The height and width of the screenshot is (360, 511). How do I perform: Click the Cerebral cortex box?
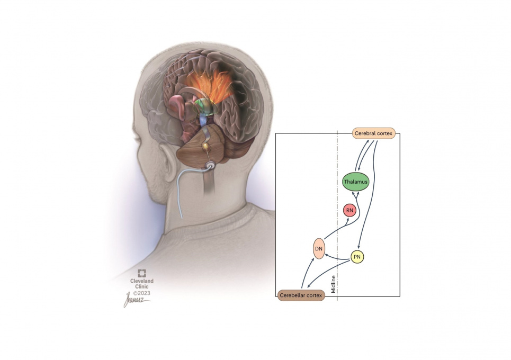coord(374,133)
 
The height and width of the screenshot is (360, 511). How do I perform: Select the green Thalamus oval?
coord(355,182)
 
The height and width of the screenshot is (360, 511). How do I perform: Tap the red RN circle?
coord(349,210)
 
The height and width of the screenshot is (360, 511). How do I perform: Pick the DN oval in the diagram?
coord(319,248)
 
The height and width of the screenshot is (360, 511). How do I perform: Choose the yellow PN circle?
coord(358,257)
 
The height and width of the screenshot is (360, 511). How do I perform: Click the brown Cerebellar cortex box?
coord(301,295)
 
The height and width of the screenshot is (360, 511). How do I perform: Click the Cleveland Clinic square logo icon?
coord(142,273)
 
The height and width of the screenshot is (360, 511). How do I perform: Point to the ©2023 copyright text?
coord(142,292)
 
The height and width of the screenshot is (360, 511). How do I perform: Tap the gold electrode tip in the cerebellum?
coord(204,145)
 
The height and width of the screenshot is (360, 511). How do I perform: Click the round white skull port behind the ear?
coord(211,166)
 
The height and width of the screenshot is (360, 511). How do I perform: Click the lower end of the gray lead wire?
coord(182,216)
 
